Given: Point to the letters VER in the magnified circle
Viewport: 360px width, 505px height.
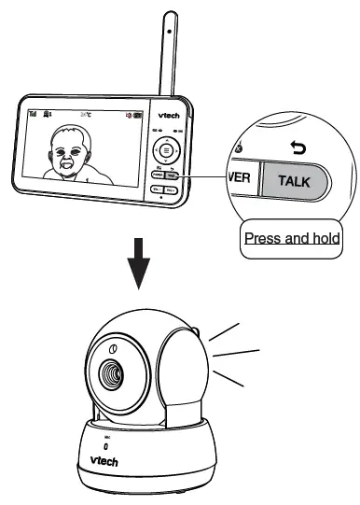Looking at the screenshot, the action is click(x=240, y=177).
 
